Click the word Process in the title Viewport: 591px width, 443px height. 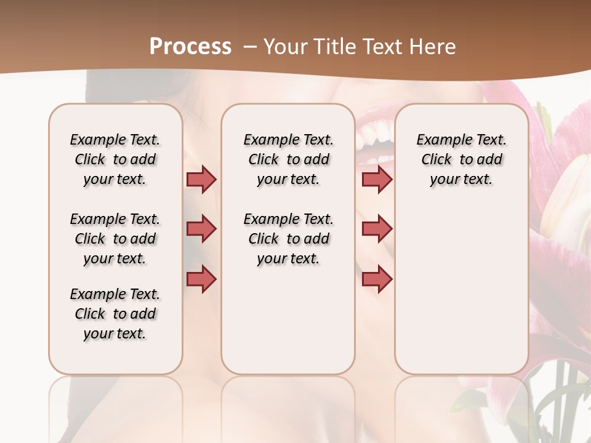pos(190,47)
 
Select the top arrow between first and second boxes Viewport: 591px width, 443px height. pos(201,179)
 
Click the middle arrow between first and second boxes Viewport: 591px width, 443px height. pos(201,229)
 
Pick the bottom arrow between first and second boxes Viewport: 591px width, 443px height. pos(201,279)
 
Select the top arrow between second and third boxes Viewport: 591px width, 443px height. pos(377,179)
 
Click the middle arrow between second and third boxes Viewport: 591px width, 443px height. pos(377,229)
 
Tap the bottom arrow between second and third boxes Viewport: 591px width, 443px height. pos(377,279)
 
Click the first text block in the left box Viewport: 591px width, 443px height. pos(115,159)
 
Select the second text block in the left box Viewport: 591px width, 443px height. pos(115,239)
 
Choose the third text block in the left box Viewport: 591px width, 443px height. pos(115,314)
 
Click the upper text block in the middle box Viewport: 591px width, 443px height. pos(288,159)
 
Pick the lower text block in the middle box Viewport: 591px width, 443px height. pos(288,239)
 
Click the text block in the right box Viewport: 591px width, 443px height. pos(461,159)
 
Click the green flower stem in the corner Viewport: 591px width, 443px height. pos(557,394)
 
